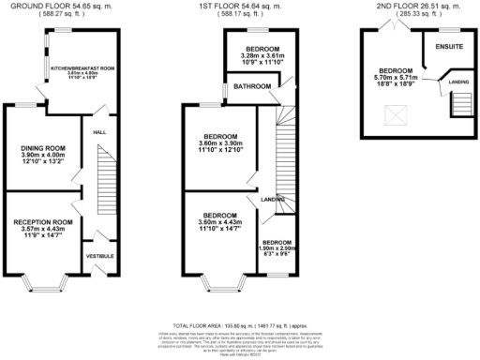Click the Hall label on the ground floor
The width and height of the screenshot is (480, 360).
[98, 132]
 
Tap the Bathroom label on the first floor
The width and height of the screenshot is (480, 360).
[253, 87]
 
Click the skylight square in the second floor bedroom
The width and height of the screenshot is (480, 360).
[395, 115]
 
